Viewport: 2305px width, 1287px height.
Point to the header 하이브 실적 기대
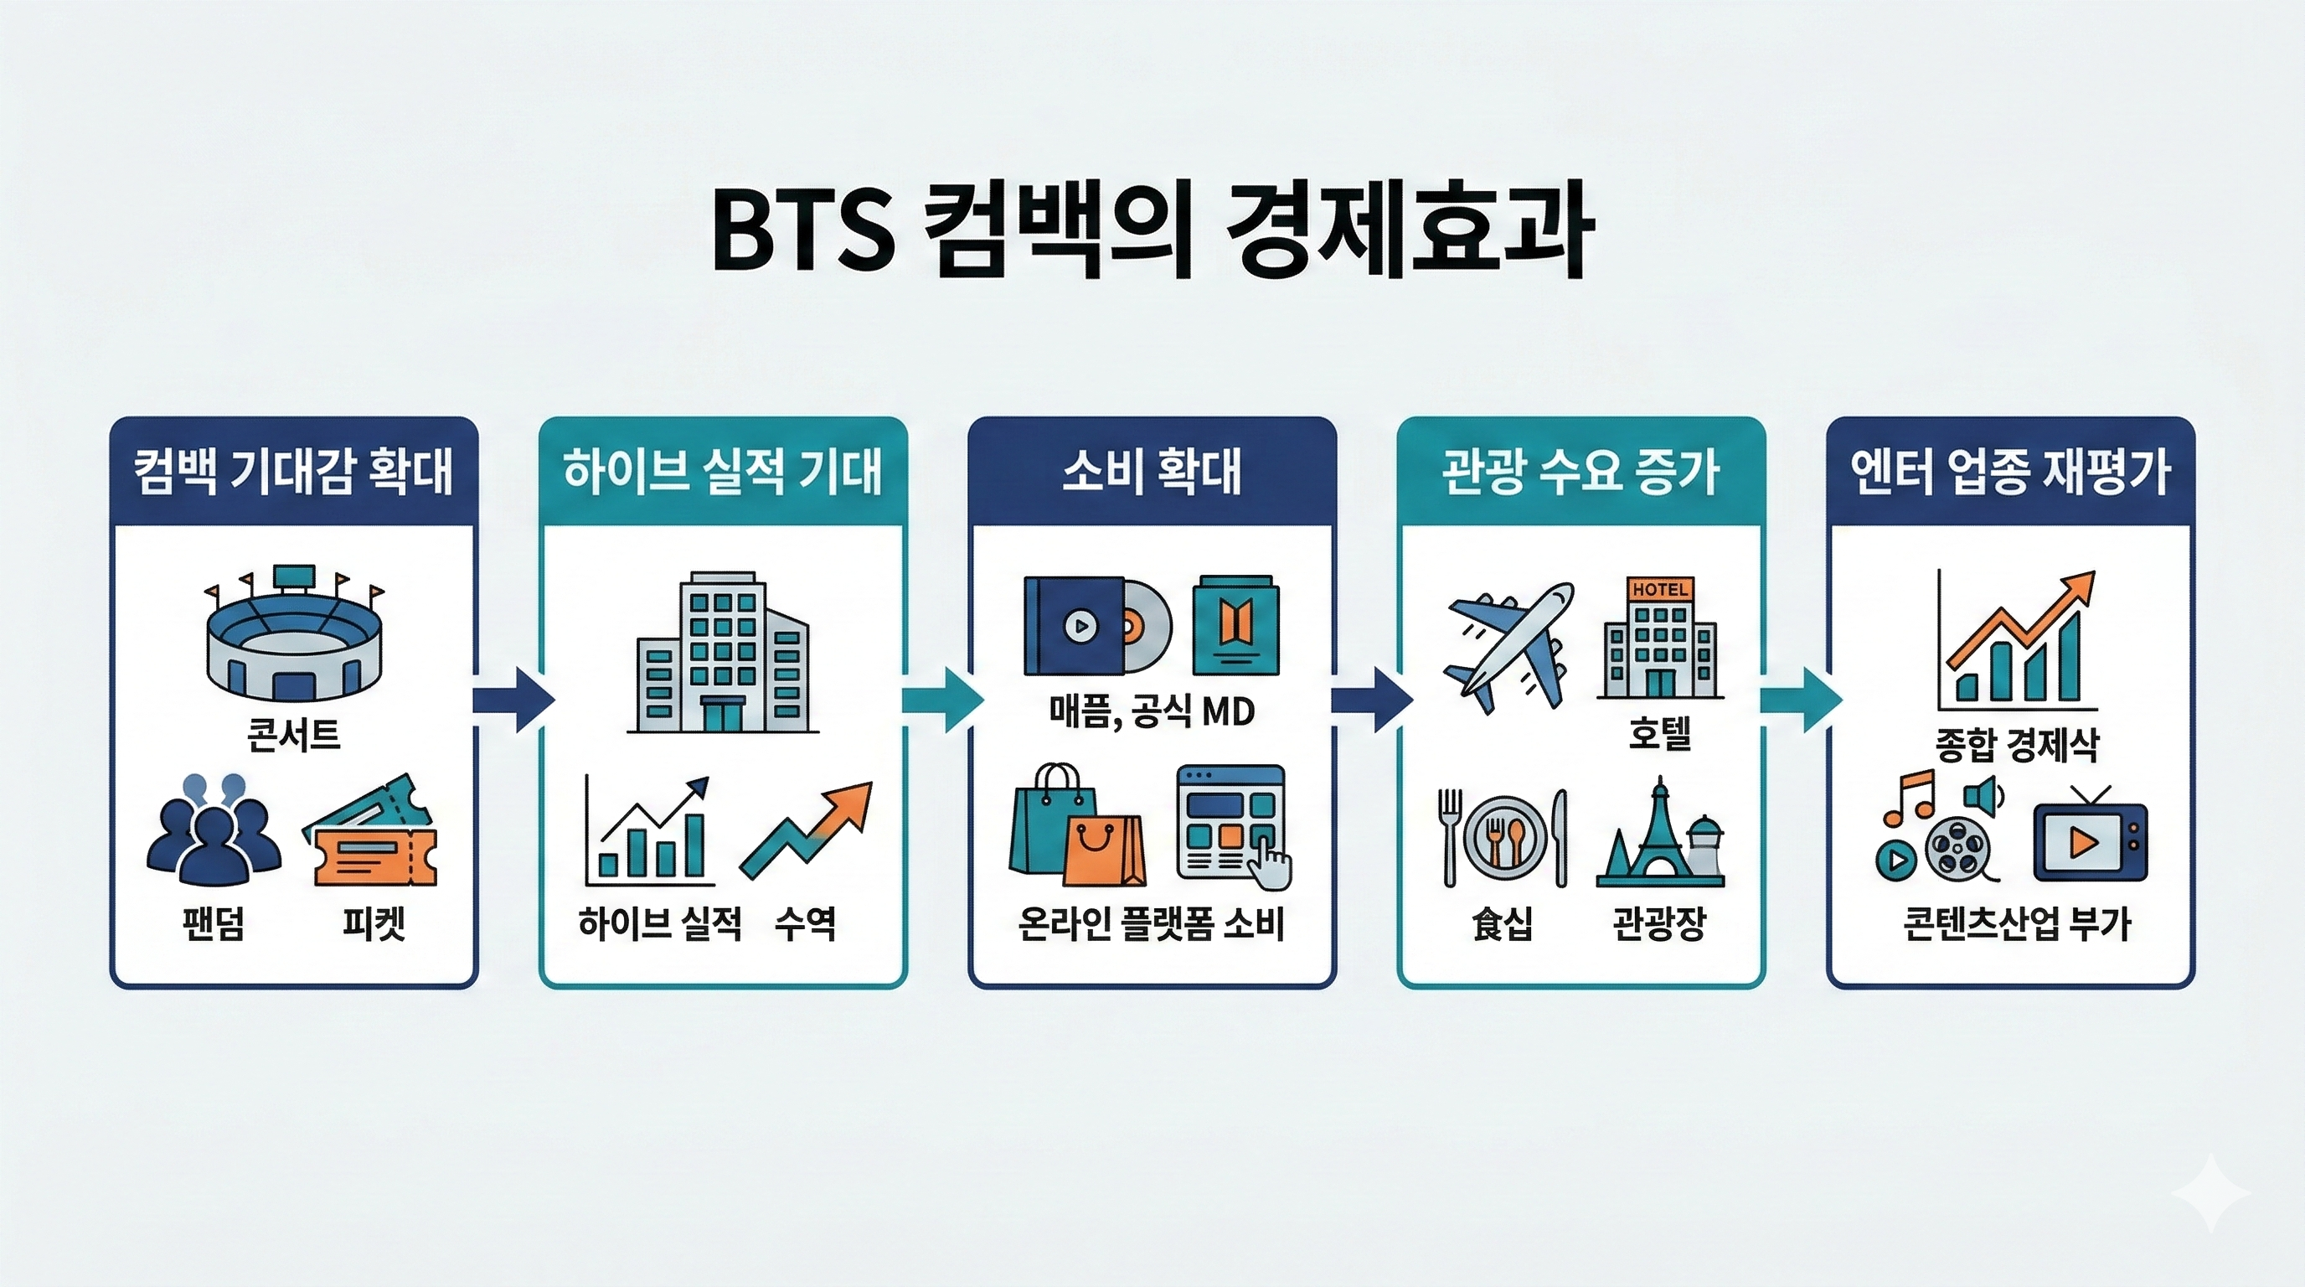tap(722, 472)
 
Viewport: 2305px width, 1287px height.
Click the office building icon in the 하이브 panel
tap(722, 654)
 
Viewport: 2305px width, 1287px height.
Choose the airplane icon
tap(1509, 645)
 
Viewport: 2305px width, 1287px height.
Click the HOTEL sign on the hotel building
tap(1660, 589)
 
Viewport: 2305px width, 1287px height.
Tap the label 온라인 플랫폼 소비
tap(1152, 923)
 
